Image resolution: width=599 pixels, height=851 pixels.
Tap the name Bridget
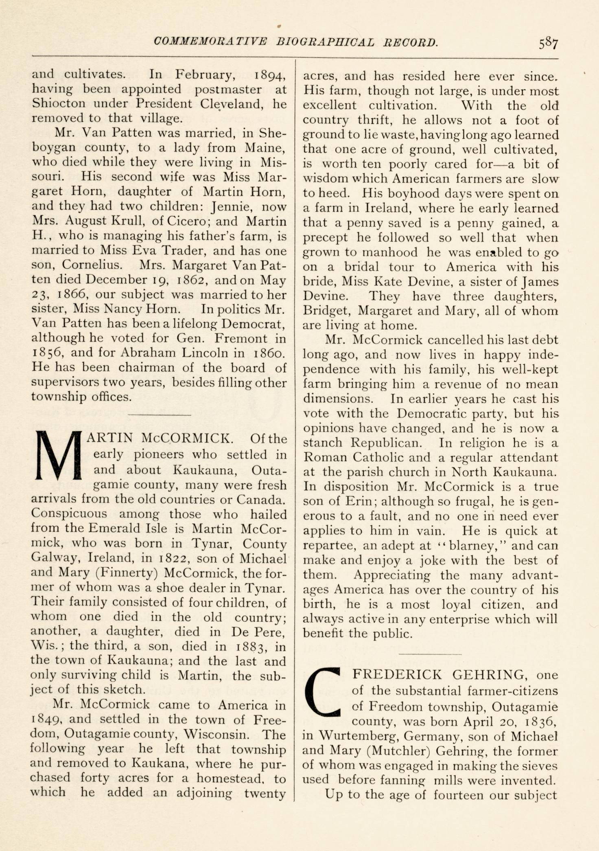[326, 311]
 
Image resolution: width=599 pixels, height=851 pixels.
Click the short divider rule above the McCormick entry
[159, 415]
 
